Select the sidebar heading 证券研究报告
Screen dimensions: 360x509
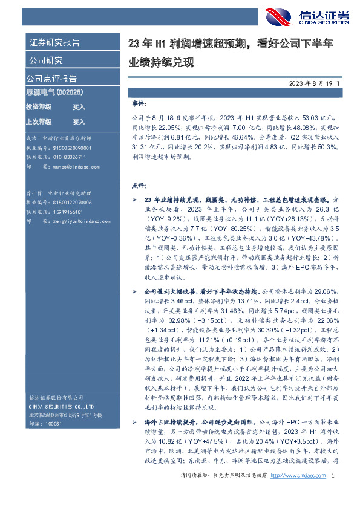coord(54,43)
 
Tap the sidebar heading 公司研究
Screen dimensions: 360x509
coord(46,60)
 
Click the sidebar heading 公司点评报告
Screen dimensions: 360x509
coord(51,79)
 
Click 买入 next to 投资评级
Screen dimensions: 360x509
coord(79,106)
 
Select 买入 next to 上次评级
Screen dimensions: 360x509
coord(79,122)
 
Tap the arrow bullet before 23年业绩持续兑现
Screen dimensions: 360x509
coord(134,198)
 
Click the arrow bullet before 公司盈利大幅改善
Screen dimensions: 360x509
coord(134,291)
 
